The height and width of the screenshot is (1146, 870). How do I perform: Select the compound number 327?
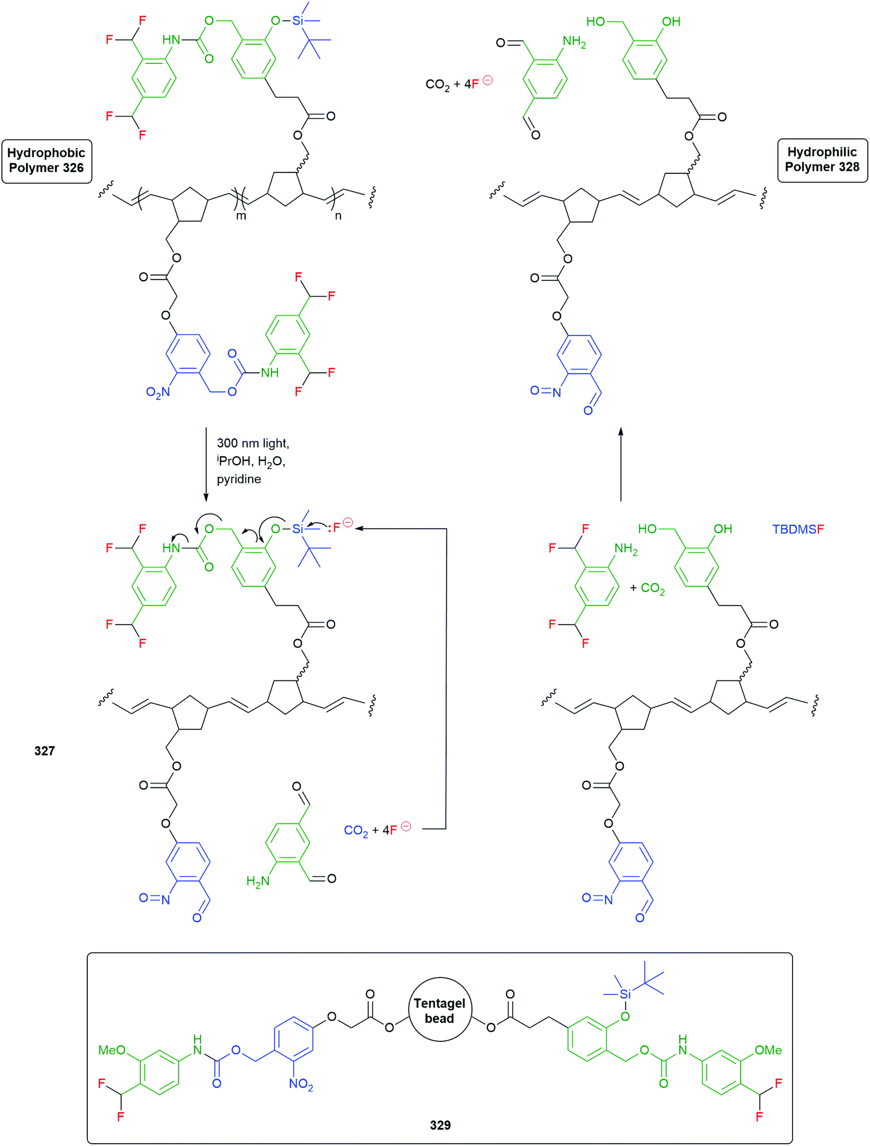point(45,751)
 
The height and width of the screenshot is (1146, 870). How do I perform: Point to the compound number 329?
point(440,1125)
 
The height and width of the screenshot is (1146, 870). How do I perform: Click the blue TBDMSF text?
point(798,529)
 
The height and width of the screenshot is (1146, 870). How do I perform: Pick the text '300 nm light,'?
point(253,443)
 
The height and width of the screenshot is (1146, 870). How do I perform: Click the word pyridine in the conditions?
point(239,479)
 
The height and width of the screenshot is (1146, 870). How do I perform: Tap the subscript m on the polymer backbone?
point(241,216)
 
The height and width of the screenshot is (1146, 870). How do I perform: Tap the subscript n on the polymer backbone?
point(338,216)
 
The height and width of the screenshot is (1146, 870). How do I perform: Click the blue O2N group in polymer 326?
point(158,393)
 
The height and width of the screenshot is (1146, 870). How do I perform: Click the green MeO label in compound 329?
point(112,1050)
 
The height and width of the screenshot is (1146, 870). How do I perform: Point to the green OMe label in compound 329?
point(768,1050)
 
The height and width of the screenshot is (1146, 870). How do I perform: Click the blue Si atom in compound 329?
point(625,994)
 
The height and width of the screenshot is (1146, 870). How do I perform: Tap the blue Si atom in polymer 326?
point(297,21)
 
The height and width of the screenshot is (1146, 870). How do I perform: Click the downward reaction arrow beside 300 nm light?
point(206,464)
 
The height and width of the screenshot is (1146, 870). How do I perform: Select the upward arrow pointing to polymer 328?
point(621,464)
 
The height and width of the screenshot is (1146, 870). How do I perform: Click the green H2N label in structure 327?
point(258,881)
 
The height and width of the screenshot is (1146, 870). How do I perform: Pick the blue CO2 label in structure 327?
point(356,830)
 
